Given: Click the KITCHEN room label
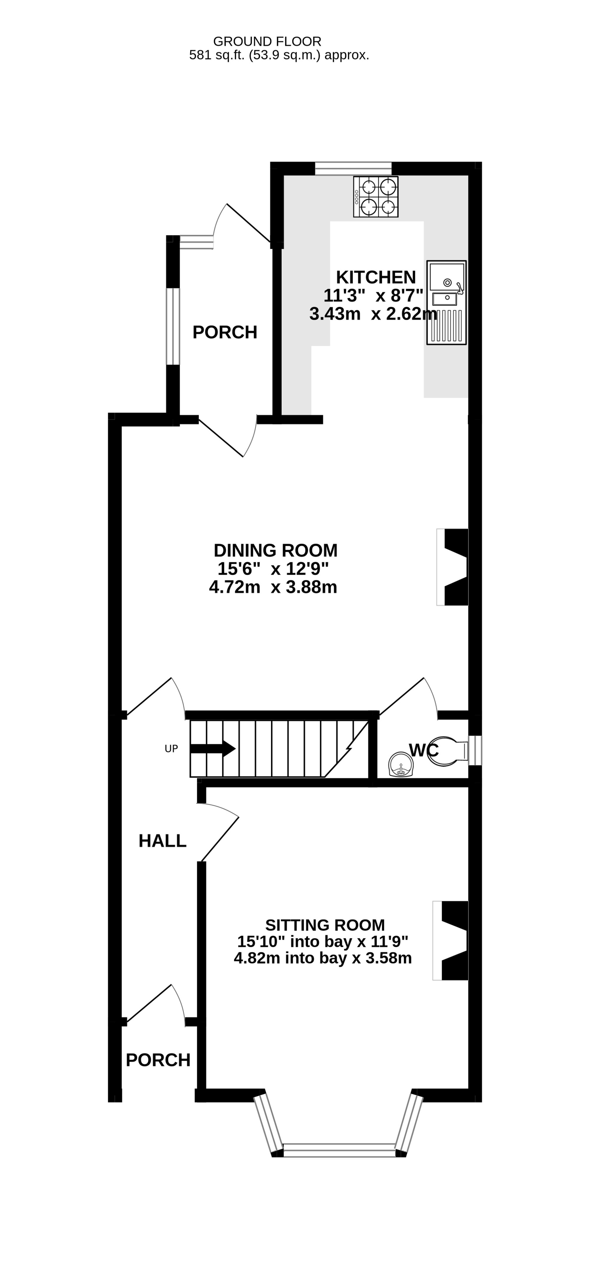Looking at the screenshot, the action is (x=376, y=277).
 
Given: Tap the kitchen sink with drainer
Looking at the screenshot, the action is (x=446, y=302).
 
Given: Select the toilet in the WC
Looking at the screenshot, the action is (x=448, y=751).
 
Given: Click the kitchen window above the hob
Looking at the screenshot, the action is (x=353, y=168).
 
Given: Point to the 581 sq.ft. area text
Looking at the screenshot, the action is (x=279, y=55).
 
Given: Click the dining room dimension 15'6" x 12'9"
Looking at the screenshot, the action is (x=273, y=569).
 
